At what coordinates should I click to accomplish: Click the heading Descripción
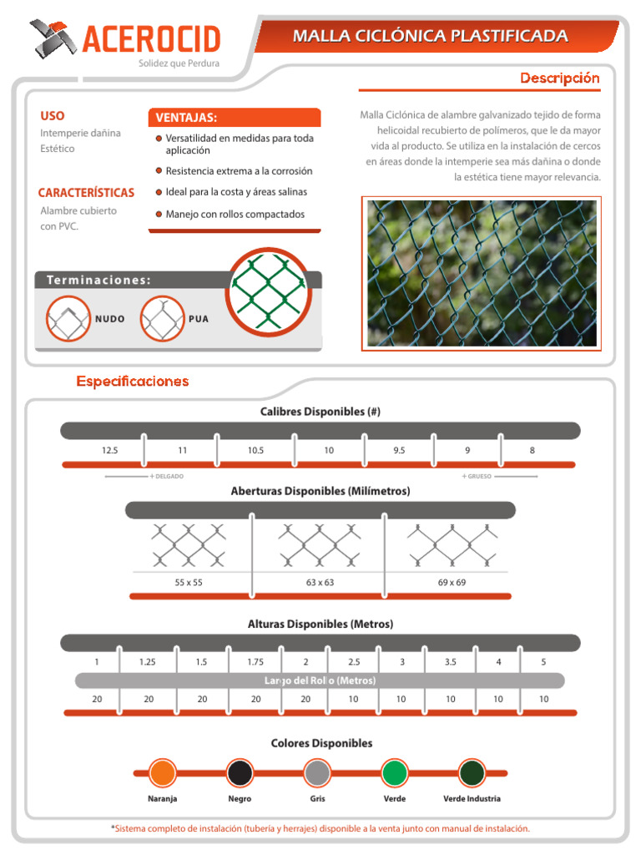[x=560, y=78]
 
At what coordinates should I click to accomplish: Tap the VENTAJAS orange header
[x=234, y=118]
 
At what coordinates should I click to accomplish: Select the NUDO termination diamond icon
[x=68, y=319]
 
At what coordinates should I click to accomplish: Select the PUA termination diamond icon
[x=162, y=319]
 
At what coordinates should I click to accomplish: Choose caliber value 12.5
[x=110, y=450]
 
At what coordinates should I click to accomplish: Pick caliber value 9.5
[x=399, y=450]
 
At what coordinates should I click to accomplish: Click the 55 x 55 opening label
[x=189, y=582]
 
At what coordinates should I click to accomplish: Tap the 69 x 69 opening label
[x=452, y=582]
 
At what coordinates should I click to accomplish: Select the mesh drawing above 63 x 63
[x=320, y=544]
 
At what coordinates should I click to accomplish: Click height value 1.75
[x=255, y=662]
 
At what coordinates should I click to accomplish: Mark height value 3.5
[x=451, y=662]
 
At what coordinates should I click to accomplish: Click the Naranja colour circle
[x=161, y=772]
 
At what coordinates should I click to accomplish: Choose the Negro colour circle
[x=240, y=772]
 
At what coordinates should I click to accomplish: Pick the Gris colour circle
[x=317, y=772]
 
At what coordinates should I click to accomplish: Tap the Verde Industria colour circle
[x=472, y=772]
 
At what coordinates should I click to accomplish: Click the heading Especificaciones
[x=133, y=382]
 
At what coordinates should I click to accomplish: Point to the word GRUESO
[x=480, y=477]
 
